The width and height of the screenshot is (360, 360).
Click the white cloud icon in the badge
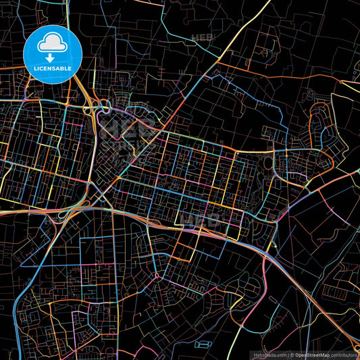(x=51, y=43)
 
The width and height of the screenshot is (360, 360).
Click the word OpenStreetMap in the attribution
(x=311, y=354)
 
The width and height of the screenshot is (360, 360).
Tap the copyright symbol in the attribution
(x=291, y=354)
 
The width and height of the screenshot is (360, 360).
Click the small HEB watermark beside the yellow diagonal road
(x=201, y=36)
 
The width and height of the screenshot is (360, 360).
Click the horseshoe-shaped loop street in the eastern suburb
(x=317, y=125)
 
